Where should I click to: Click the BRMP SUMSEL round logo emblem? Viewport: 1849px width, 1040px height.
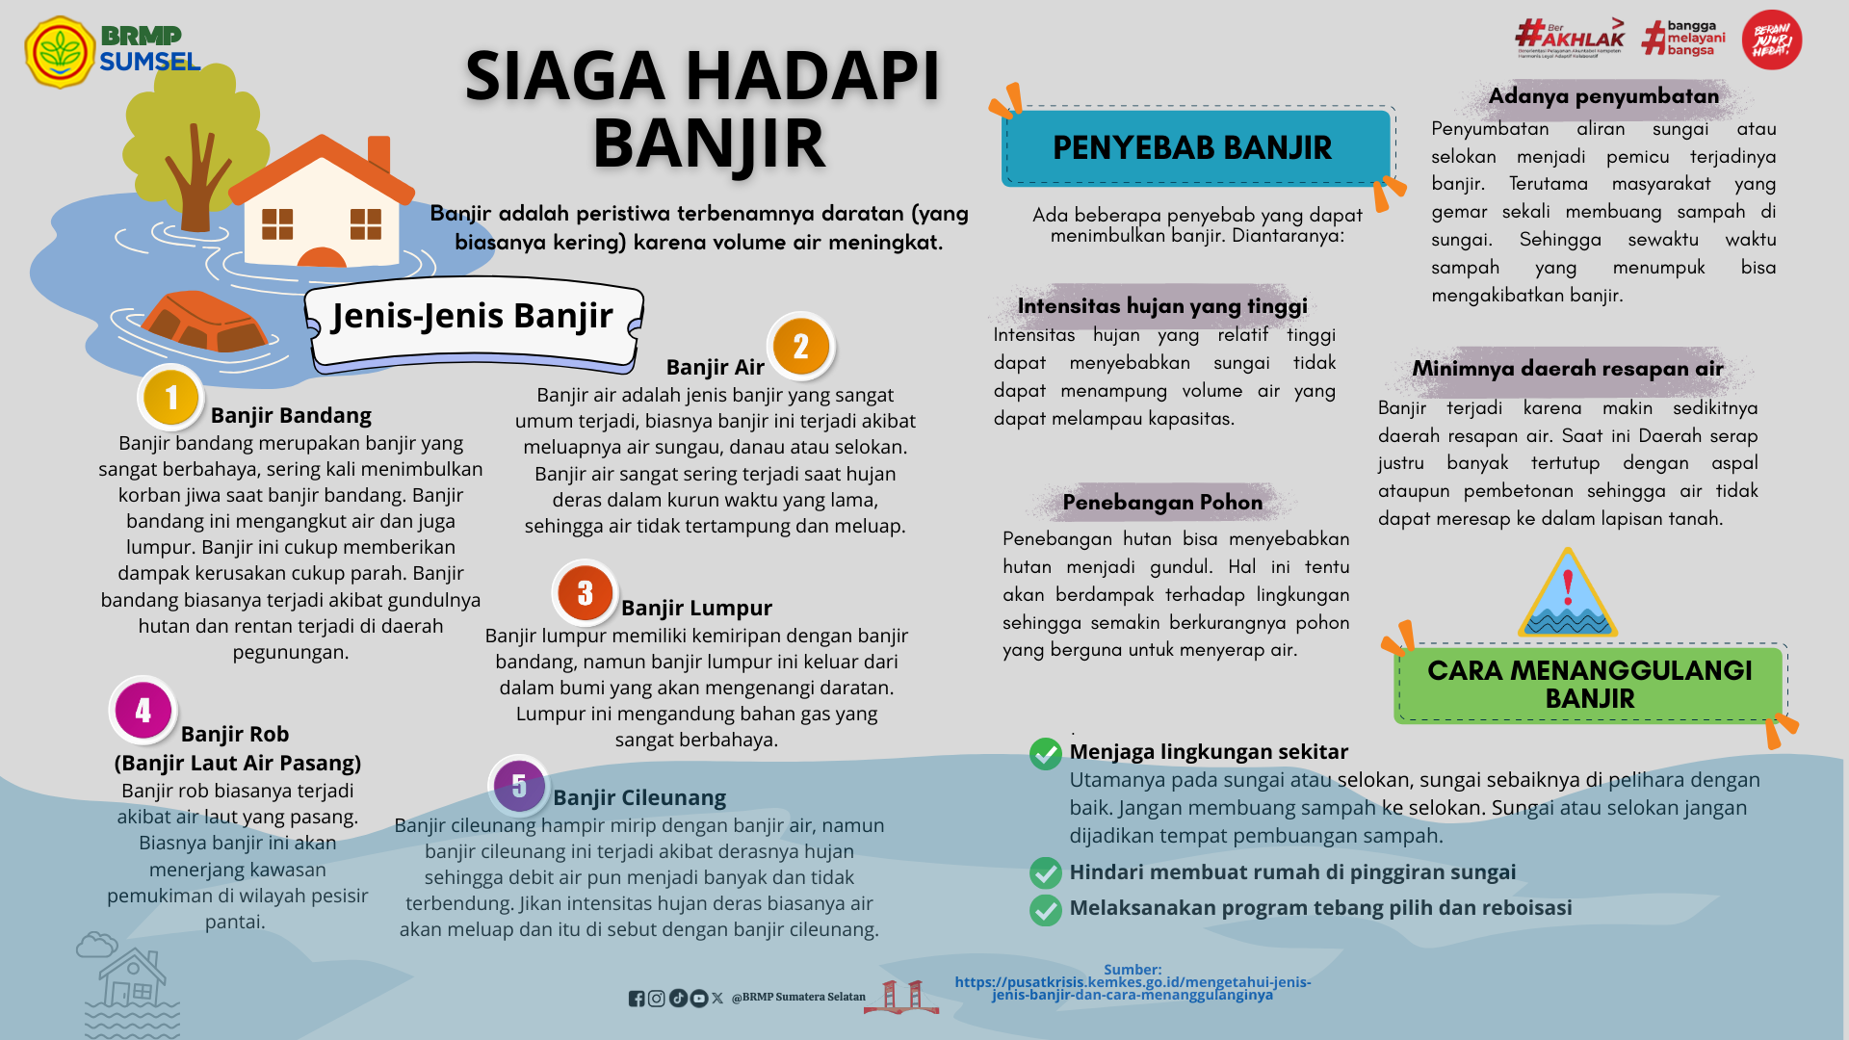click(60, 52)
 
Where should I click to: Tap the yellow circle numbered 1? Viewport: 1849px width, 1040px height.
click(170, 397)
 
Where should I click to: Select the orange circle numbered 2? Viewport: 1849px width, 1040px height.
click(800, 347)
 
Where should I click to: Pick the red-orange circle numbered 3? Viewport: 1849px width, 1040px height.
click(585, 593)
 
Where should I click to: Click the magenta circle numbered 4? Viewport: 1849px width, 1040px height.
click(143, 711)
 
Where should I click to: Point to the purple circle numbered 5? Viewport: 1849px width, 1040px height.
click(519, 786)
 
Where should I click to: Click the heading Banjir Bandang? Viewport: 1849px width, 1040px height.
click(291, 415)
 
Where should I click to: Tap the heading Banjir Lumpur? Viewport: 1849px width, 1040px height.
click(696, 608)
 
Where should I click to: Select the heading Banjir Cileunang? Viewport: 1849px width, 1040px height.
click(639, 797)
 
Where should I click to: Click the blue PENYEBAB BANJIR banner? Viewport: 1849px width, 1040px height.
click(1192, 147)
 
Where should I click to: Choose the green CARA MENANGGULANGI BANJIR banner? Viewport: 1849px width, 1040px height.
click(1589, 684)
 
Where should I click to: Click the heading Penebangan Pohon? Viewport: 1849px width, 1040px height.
click(1162, 502)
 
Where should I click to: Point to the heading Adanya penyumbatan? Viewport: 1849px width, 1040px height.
click(1603, 96)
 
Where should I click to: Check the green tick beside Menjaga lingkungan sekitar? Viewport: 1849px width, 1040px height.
click(1045, 753)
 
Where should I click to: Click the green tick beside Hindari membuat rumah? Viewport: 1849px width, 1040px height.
click(1045, 872)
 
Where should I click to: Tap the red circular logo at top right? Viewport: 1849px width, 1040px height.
click(1771, 40)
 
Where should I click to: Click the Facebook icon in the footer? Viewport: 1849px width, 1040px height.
click(637, 999)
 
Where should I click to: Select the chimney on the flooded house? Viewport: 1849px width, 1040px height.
click(379, 154)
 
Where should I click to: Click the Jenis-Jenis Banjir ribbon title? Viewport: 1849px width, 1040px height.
click(472, 316)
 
